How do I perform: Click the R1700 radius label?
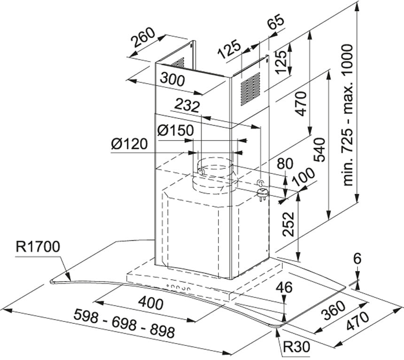[x=38, y=247]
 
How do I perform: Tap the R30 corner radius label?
[x=296, y=346]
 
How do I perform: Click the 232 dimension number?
[x=187, y=105]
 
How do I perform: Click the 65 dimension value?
[x=276, y=21]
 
